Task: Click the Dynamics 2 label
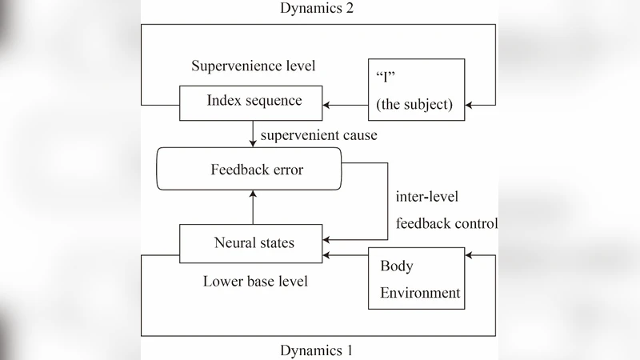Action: pyautogui.click(x=318, y=9)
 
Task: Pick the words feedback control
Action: pyautogui.click(x=446, y=223)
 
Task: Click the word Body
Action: pyautogui.click(x=396, y=266)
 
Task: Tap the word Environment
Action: pyautogui.click(x=420, y=293)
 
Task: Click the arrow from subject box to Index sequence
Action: pyautogui.click(x=345, y=104)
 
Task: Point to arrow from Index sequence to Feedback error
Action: pyautogui.click(x=253, y=134)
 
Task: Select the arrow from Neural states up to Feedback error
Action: pyautogui.click(x=253, y=207)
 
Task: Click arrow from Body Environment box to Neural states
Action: pyautogui.click(x=346, y=255)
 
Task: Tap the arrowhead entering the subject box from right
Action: pyautogui.click(x=470, y=104)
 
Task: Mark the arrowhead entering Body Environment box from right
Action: pyautogui.click(x=470, y=255)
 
